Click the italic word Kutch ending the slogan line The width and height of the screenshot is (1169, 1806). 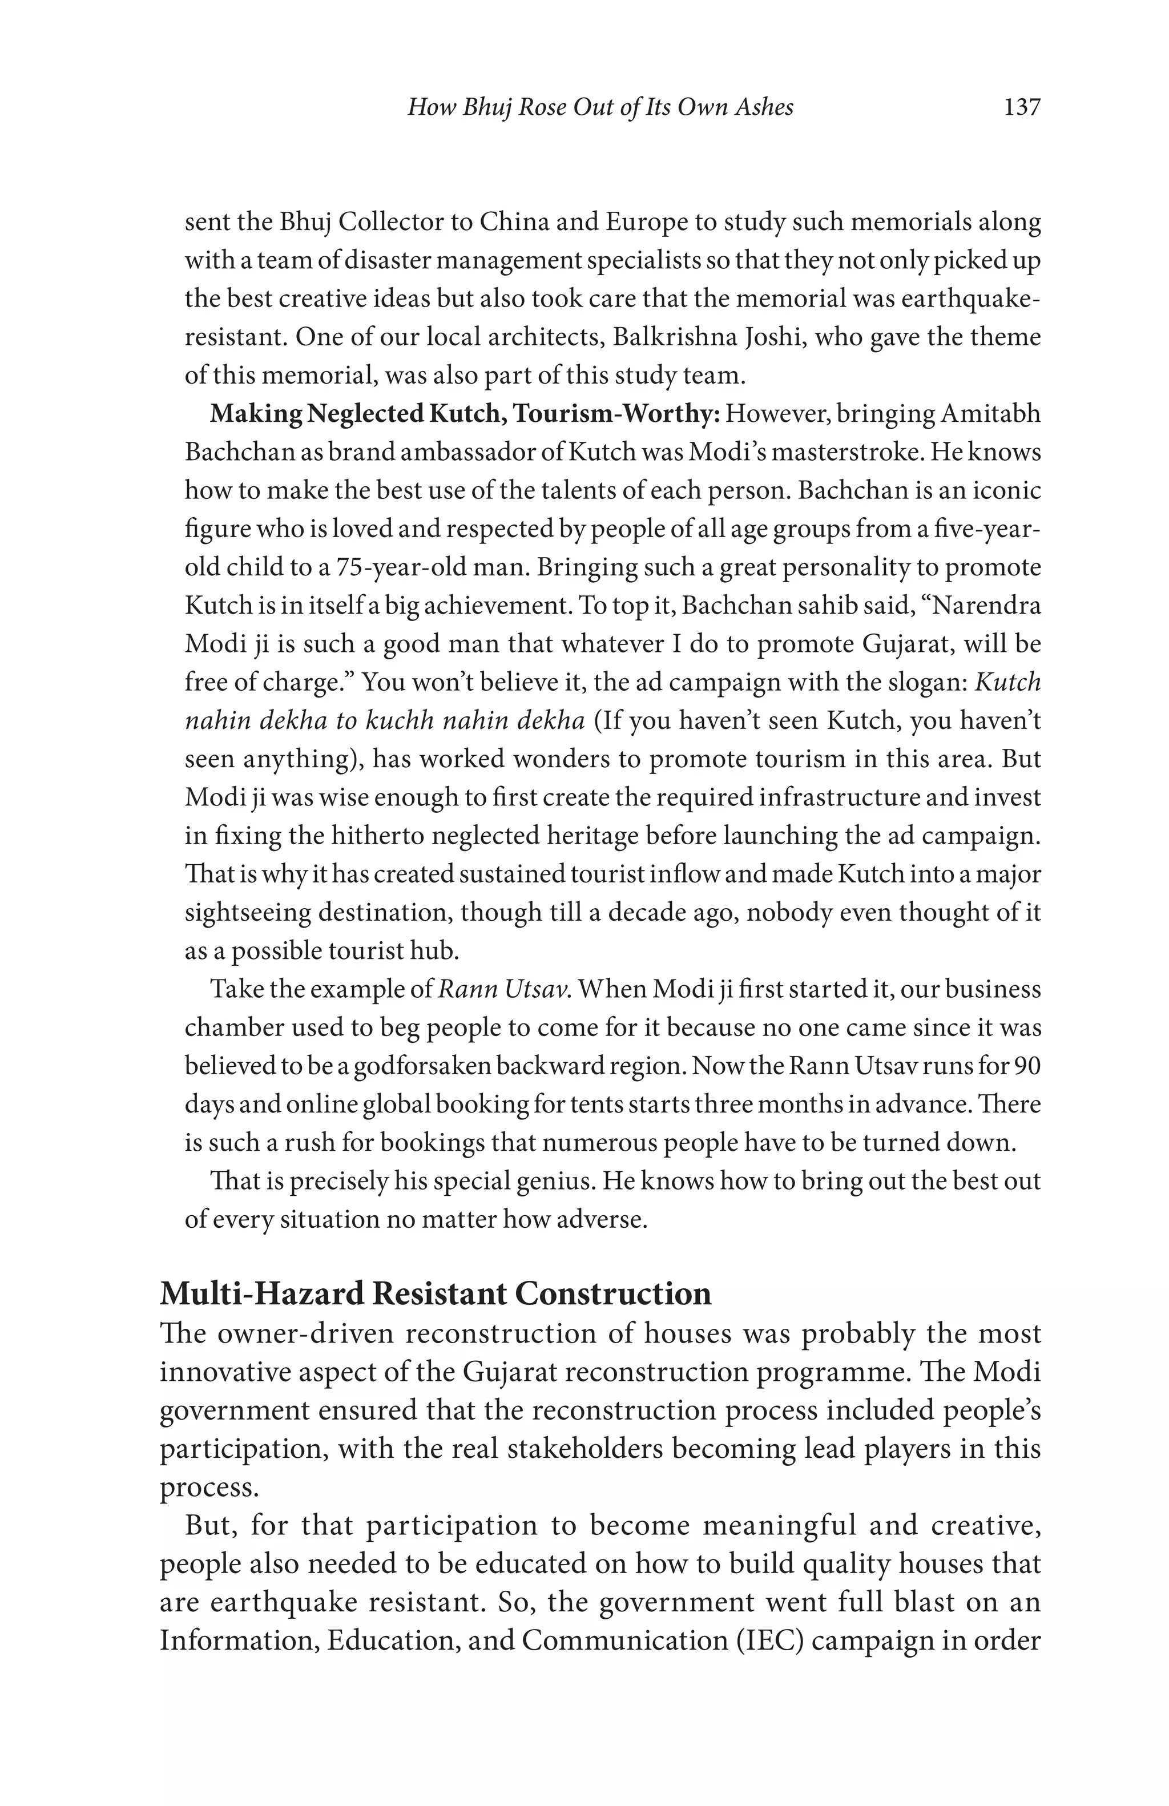point(1007,682)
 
